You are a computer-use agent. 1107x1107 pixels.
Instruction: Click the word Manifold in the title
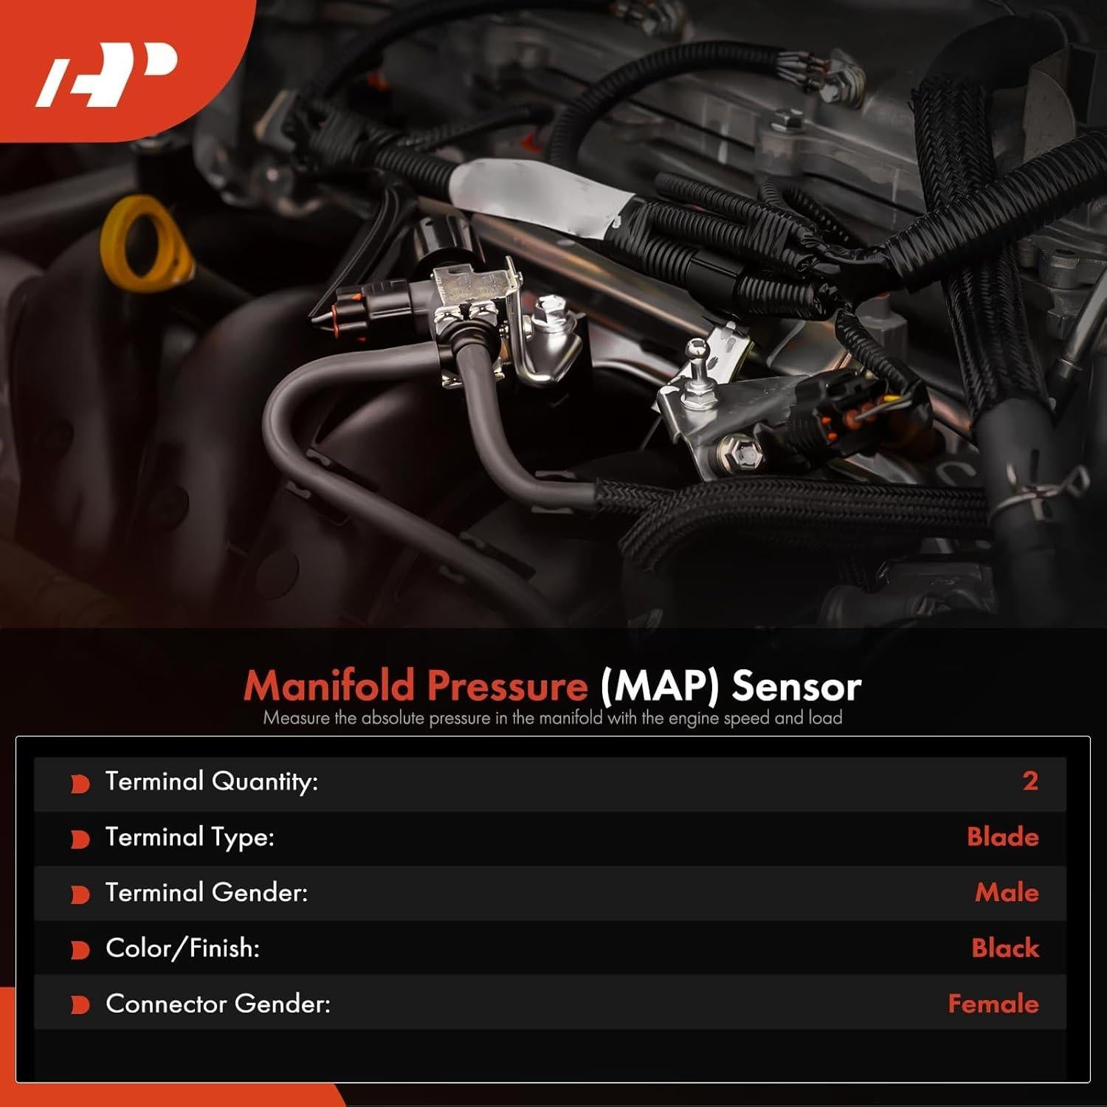[329, 686]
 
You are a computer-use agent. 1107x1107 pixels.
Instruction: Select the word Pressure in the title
[507, 686]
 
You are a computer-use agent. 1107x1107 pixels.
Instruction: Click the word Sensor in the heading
[796, 686]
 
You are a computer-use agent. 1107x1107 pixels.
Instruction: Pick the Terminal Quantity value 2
[1030, 781]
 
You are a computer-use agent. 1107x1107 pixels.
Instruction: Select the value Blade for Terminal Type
[1002, 837]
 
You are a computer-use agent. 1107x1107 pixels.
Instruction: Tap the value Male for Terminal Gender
[1007, 892]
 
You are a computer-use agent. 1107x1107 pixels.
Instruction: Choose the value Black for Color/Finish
[1004, 948]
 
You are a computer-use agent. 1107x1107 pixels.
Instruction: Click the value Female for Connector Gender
[993, 1004]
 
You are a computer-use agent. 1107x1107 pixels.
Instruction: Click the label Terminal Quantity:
[211, 781]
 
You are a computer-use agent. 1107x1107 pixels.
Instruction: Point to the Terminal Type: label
[190, 837]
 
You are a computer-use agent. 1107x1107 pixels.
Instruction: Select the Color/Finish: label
[182, 948]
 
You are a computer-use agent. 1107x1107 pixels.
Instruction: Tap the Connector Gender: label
[218, 1004]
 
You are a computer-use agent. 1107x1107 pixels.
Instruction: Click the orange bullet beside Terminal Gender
[80, 894]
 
